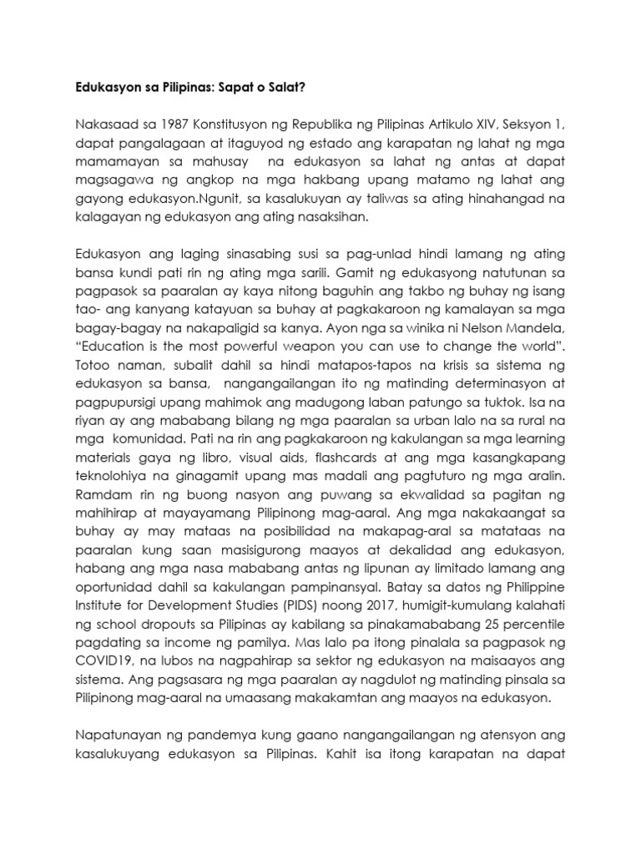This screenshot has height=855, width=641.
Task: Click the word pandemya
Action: point(199,741)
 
